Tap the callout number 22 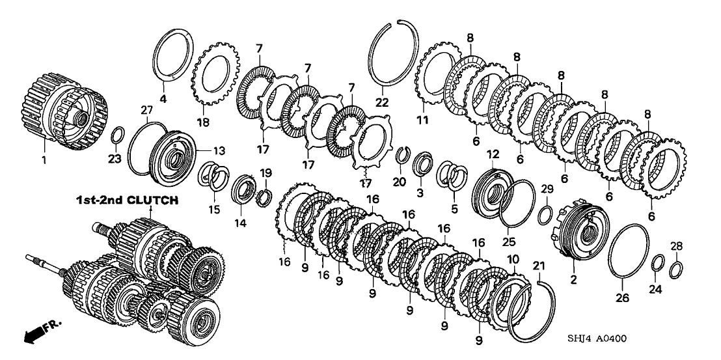381,102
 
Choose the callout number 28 677,245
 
